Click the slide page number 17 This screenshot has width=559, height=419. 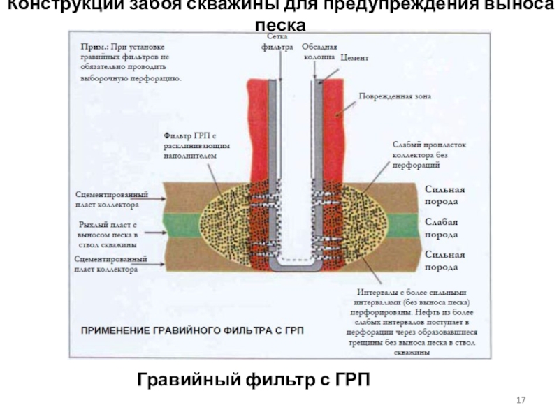point(519,399)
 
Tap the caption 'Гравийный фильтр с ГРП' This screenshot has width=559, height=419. point(252,380)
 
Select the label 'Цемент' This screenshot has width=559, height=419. point(354,59)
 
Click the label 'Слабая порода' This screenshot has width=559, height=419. point(442,228)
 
